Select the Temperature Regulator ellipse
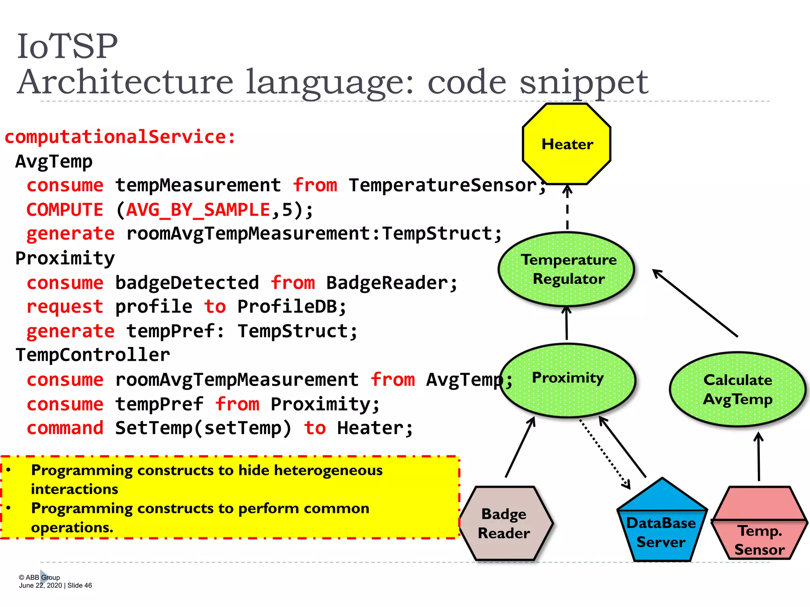[x=567, y=270]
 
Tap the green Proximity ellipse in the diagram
[x=568, y=380]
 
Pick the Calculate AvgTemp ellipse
[x=738, y=389]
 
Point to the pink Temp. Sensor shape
[x=759, y=530]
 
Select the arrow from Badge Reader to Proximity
[x=520, y=447]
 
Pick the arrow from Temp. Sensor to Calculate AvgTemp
[x=759, y=456]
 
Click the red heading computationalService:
[x=120, y=137]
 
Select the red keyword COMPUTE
[x=65, y=209]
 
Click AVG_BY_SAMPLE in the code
[x=198, y=209]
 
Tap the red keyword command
[x=65, y=428]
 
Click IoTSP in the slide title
[x=68, y=46]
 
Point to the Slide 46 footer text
[x=79, y=585]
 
